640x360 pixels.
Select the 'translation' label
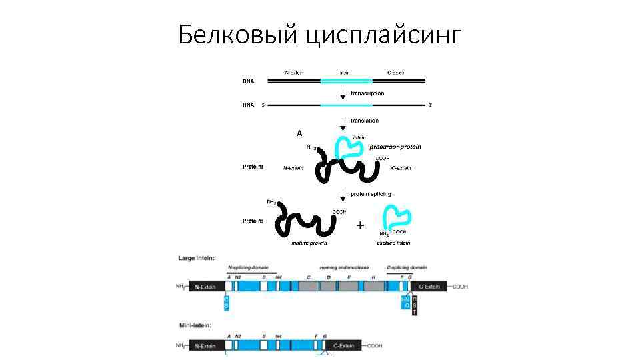(x=364, y=121)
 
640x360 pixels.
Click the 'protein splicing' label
(x=371, y=194)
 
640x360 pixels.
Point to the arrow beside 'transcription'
(x=343, y=93)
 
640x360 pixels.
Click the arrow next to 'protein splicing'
(x=343, y=194)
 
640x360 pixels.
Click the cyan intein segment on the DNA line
(x=343, y=81)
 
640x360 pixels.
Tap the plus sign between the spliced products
(x=360, y=225)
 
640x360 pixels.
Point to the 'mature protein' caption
(x=307, y=243)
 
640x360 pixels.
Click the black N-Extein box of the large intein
(x=207, y=287)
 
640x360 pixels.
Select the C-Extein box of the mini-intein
(x=343, y=346)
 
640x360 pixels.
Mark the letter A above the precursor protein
(x=300, y=133)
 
